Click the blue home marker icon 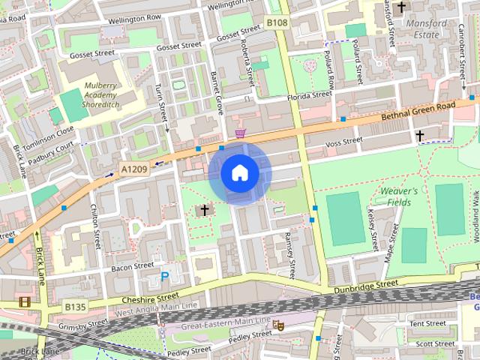[239, 173]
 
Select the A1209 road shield [134, 170]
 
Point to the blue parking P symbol [164, 277]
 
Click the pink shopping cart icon [240, 133]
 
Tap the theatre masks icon [278, 325]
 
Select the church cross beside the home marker [203, 210]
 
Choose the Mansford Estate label [426, 28]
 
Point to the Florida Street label [309, 96]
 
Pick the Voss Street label [344, 142]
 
